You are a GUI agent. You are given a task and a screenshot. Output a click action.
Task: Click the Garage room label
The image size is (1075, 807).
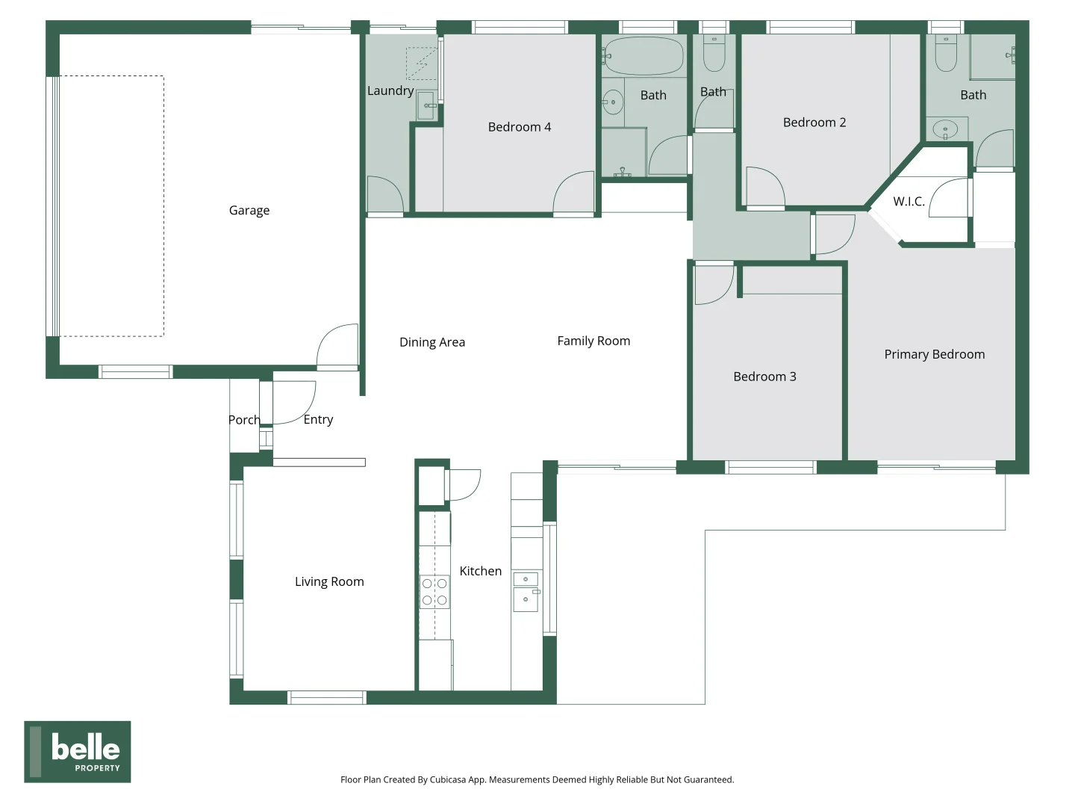[x=249, y=211]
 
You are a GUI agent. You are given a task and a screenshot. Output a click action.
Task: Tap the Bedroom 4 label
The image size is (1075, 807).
[x=520, y=127]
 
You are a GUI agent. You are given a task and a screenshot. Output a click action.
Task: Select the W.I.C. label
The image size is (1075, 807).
[x=909, y=202]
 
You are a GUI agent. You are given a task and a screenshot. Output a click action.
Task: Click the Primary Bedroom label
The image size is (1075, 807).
[x=934, y=354]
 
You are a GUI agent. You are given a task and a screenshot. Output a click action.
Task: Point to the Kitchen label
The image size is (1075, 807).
[x=480, y=571]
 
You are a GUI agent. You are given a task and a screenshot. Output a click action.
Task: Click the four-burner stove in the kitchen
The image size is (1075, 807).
[x=434, y=591]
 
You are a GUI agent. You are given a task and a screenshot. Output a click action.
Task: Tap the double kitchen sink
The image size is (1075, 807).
[x=526, y=592]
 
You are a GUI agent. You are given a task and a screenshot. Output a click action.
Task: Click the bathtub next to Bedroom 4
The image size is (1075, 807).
[x=644, y=55]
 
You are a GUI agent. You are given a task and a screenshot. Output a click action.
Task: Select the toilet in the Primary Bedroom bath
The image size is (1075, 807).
[x=946, y=54]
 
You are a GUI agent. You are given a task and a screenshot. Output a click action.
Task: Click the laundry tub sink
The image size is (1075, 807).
[x=426, y=105]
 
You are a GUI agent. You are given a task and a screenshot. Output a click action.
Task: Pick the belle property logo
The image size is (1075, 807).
[x=78, y=752]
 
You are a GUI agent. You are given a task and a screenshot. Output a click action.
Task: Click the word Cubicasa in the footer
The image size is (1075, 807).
[x=448, y=779]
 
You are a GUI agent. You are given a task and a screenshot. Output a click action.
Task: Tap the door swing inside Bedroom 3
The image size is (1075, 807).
[x=712, y=285]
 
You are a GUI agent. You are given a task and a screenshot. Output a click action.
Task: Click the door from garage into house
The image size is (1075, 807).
[x=337, y=347]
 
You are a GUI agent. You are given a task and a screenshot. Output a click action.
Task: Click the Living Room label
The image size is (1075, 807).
[x=329, y=581]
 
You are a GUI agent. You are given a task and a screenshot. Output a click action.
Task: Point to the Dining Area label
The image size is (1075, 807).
[x=432, y=342]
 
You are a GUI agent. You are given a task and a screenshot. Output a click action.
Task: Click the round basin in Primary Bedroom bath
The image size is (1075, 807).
[x=946, y=129]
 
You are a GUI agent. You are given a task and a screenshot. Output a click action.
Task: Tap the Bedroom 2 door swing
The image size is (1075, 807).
[x=764, y=187]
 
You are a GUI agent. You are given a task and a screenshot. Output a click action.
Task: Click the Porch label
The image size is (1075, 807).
[x=244, y=420]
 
